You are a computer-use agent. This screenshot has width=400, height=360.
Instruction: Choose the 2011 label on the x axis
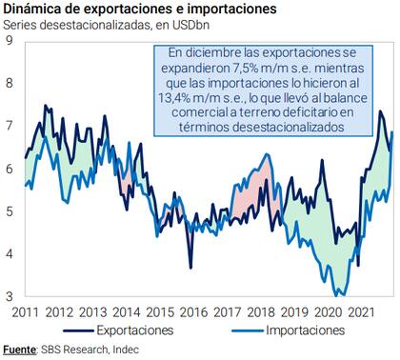pyautogui.click(x=26, y=310)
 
